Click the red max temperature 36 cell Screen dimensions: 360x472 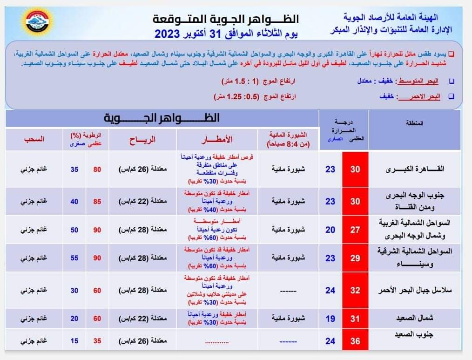click(x=355, y=341)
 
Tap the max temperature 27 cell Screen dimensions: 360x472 click(x=355, y=229)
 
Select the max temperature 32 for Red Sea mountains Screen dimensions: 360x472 click(x=355, y=290)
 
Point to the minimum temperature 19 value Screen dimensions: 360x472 click(x=330, y=319)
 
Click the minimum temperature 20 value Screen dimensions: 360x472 click(x=330, y=229)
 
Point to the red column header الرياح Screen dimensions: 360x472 click(x=142, y=140)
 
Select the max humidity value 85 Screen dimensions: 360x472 click(x=97, y=202)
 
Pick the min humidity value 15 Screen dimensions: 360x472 click(x=74, y=341)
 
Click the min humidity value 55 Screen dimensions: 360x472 click(x=74, y=257)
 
